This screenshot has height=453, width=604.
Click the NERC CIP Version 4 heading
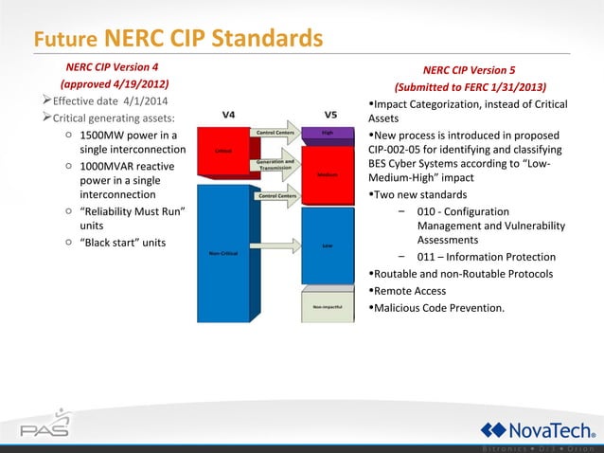click(x=111, y=67)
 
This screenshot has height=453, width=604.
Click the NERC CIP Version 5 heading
click(x=469, y=69)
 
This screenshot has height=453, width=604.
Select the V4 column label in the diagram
click(x=228, y=115)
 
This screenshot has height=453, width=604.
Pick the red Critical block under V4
click(x=223, y=152)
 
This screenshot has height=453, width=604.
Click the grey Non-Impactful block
click(x=327, y=308)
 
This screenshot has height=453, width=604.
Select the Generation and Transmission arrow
click(x=275, y=166)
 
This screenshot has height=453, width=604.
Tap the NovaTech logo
click(x=536, y=428)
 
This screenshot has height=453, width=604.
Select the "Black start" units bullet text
click(x=122, y=243)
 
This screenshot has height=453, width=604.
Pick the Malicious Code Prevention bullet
click(x=440, y=307)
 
